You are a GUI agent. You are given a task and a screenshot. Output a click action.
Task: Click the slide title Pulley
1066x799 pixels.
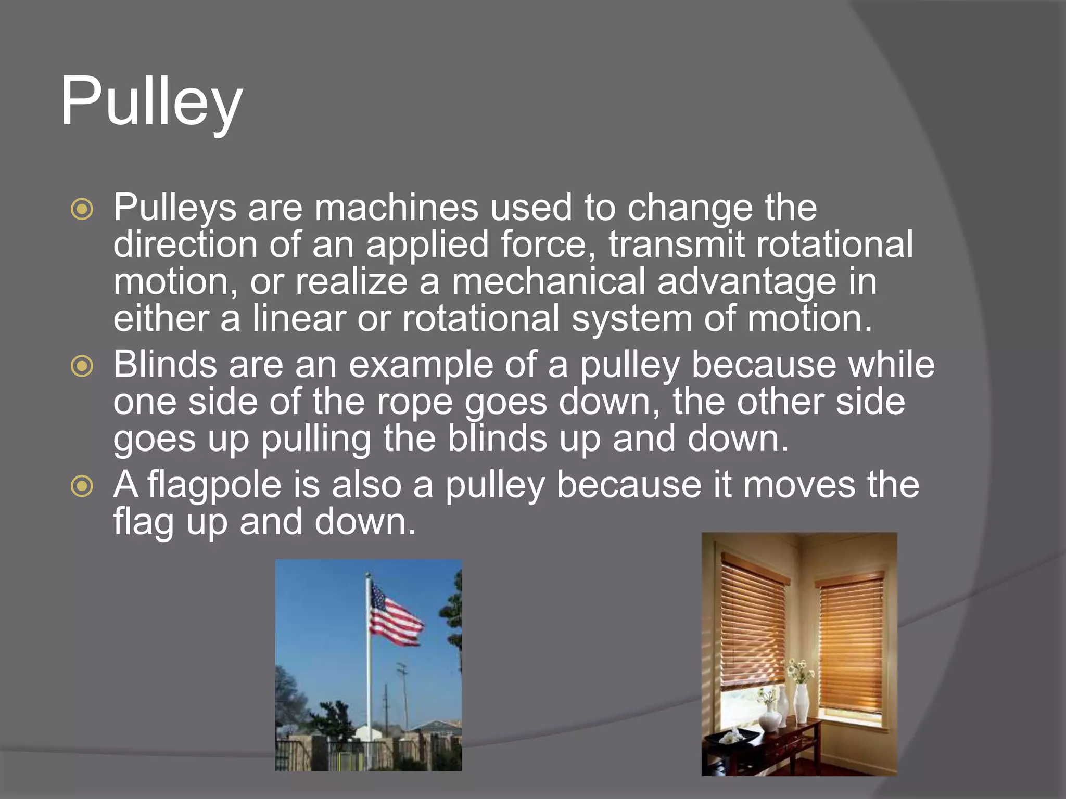tap(151, 102)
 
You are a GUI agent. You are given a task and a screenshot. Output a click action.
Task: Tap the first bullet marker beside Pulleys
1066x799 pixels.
tap(82, 209)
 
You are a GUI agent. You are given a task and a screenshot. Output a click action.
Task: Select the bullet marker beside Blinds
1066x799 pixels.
tap(82, 366)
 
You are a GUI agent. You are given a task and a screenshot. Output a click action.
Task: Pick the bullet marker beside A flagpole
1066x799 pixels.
tap(82, 486)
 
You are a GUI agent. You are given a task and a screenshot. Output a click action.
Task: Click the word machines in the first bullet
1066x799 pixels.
tap(396, 208)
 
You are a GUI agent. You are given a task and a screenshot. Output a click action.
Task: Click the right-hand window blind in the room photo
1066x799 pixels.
tap(851, 645)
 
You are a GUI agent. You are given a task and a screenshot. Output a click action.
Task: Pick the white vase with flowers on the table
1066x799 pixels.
tap(801, 700)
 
